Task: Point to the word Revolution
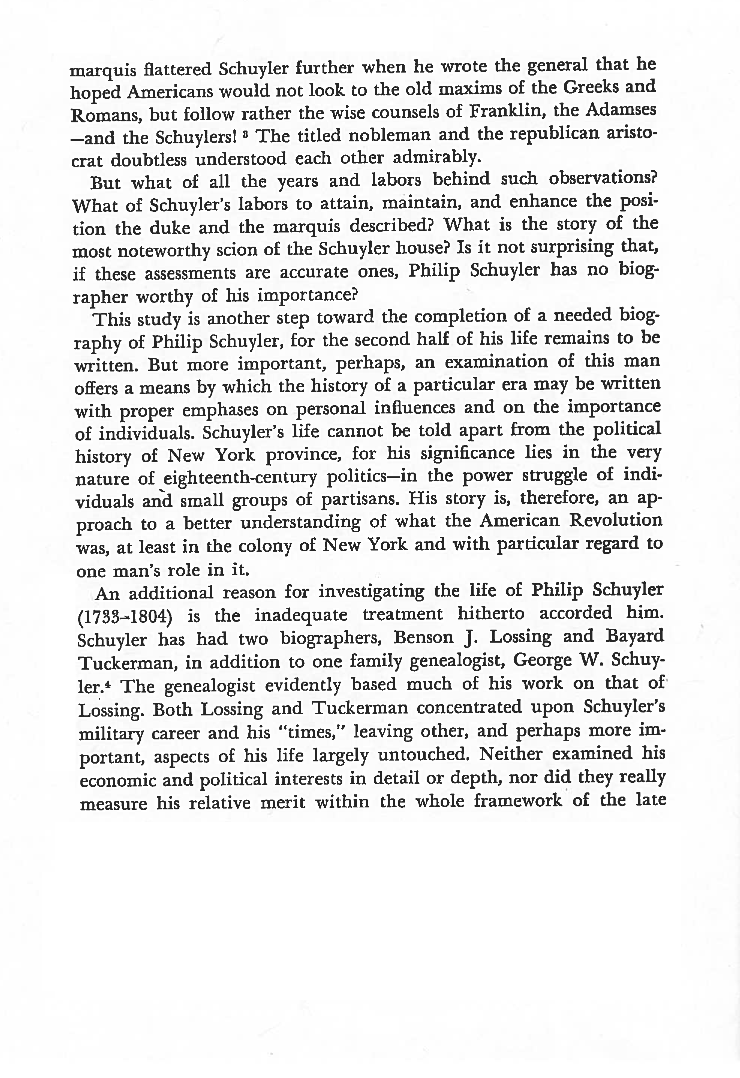616,520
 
